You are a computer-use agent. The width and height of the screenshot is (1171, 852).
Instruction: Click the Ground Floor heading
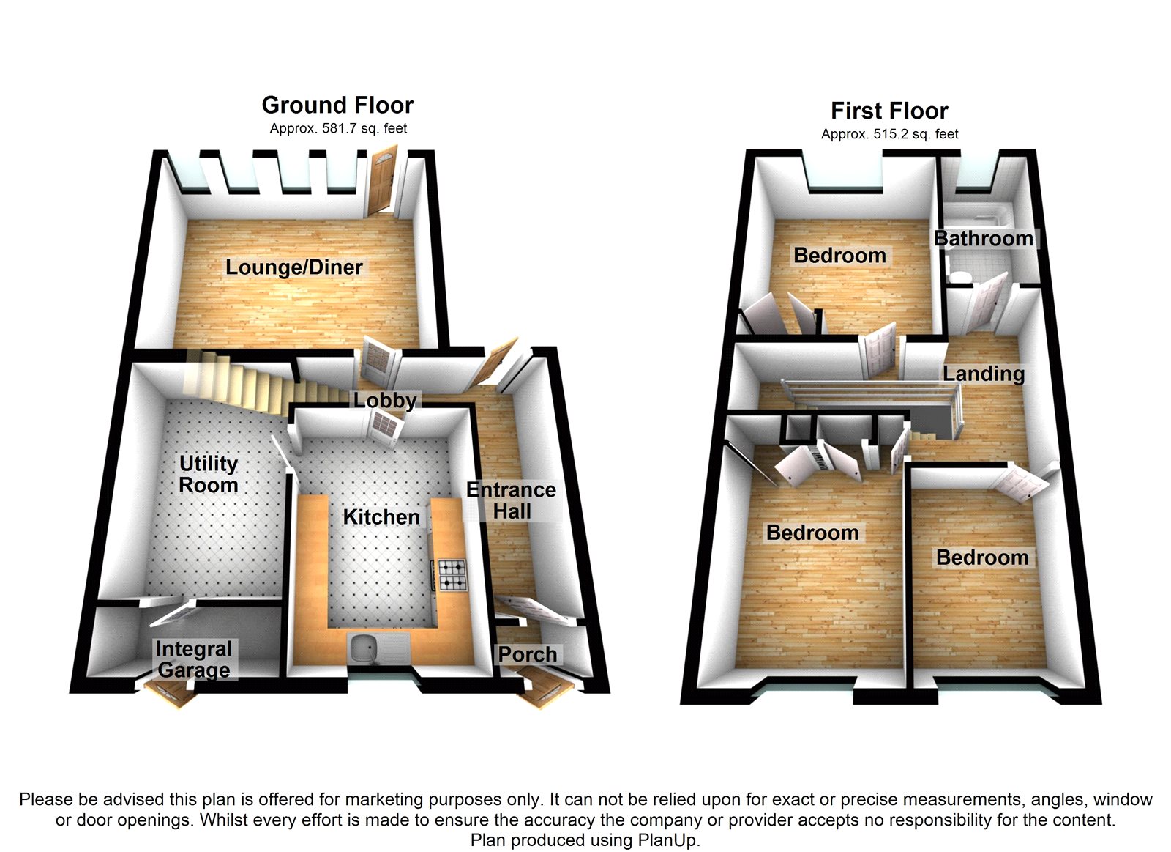pos(337,105)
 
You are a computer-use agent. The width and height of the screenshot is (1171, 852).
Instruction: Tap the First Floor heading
pos(889,111)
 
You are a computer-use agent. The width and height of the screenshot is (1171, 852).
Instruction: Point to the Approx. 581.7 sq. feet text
pos(338,129)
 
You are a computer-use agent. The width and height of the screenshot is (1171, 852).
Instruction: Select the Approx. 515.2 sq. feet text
pos(889,134)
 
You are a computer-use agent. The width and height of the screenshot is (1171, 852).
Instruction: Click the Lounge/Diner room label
pos(293,267)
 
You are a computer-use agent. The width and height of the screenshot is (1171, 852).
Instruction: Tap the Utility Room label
pos(209,474)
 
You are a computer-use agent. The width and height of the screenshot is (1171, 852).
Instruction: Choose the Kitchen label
pos(381,517)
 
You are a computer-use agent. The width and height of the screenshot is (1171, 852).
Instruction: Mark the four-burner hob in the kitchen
pos(452,575)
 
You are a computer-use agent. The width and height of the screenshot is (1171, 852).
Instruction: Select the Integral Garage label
pos(194,659)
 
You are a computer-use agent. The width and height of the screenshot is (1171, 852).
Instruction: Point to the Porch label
pos(528,654)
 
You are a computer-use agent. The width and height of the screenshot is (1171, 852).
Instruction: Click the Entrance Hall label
pos(512,500)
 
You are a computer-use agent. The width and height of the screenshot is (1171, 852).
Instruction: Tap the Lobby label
pos(385,400)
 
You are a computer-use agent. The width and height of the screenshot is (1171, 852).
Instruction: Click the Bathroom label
pos(984,239)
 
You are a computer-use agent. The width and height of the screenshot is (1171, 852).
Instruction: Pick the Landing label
pos(983,374)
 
